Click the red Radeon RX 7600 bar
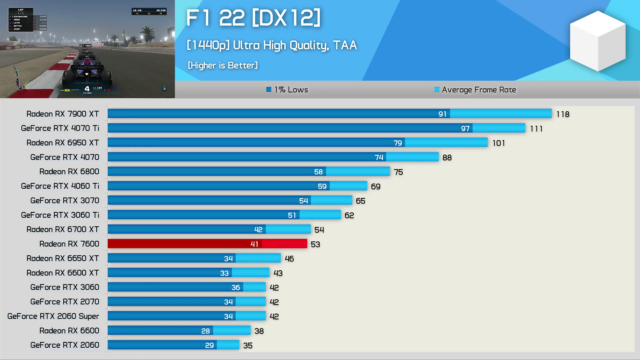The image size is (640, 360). point(207,244)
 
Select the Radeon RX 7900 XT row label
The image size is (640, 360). point(63,114)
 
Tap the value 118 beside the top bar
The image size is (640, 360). point(563,114)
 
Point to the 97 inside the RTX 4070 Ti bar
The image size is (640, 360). point(465,129)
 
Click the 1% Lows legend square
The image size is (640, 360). point(269,90)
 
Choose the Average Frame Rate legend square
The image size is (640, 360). point(437,90)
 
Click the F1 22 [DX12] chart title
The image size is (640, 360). point(253,18)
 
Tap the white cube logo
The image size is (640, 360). point(597,41)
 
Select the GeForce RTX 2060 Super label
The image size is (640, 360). point(53,316)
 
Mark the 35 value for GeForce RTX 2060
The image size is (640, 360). point(248,345)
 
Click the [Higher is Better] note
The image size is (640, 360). point(223,65)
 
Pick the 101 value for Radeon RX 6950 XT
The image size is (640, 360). point(499,143)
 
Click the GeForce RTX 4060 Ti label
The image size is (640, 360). point(60,186)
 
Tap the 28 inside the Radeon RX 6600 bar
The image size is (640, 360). point(205,331)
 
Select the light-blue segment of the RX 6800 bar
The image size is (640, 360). point(358,172)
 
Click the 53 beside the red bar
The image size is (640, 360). point(315,244)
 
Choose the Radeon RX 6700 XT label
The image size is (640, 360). point(63,229)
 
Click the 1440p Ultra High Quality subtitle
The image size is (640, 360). point(272,45)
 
